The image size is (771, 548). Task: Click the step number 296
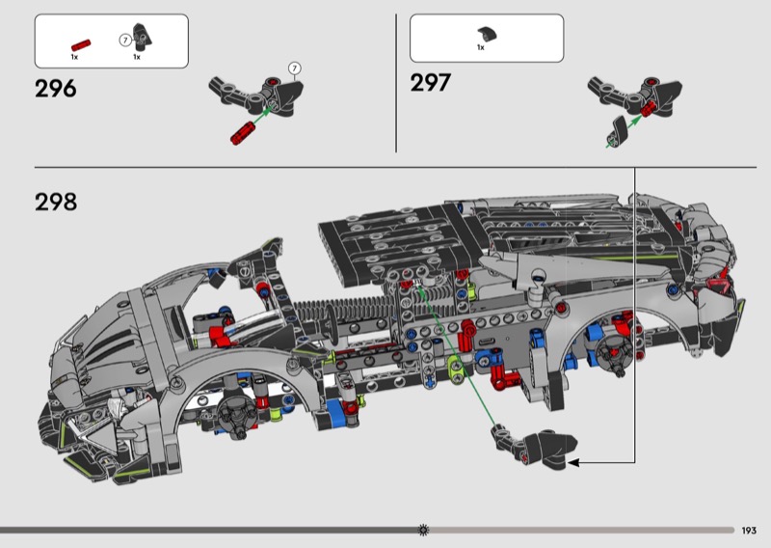tap(56, 89)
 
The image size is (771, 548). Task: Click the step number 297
tap(430, 82)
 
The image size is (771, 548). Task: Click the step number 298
tap(56, 202)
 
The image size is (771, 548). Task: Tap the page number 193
tap(749, 531)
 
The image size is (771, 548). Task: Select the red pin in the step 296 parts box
tap(81, 45)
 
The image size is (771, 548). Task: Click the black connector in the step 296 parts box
tap(143, 37)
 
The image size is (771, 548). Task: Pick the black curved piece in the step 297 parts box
tap(487, 34)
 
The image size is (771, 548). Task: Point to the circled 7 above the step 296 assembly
tap(295, 68)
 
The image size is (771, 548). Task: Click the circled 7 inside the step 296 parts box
tap(125, 40)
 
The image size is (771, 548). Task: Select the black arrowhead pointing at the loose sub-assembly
tap(573, 463)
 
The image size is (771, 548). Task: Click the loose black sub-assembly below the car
tap(535, 446)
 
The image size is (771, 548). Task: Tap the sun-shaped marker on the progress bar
tap(423, 531)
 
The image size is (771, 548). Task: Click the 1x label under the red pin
tap(74, 57)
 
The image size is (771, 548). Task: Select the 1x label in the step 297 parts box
tap(480, 48)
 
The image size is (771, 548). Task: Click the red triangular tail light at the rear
tap(717, 285)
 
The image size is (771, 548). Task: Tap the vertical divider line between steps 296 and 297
tap(396, 83)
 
